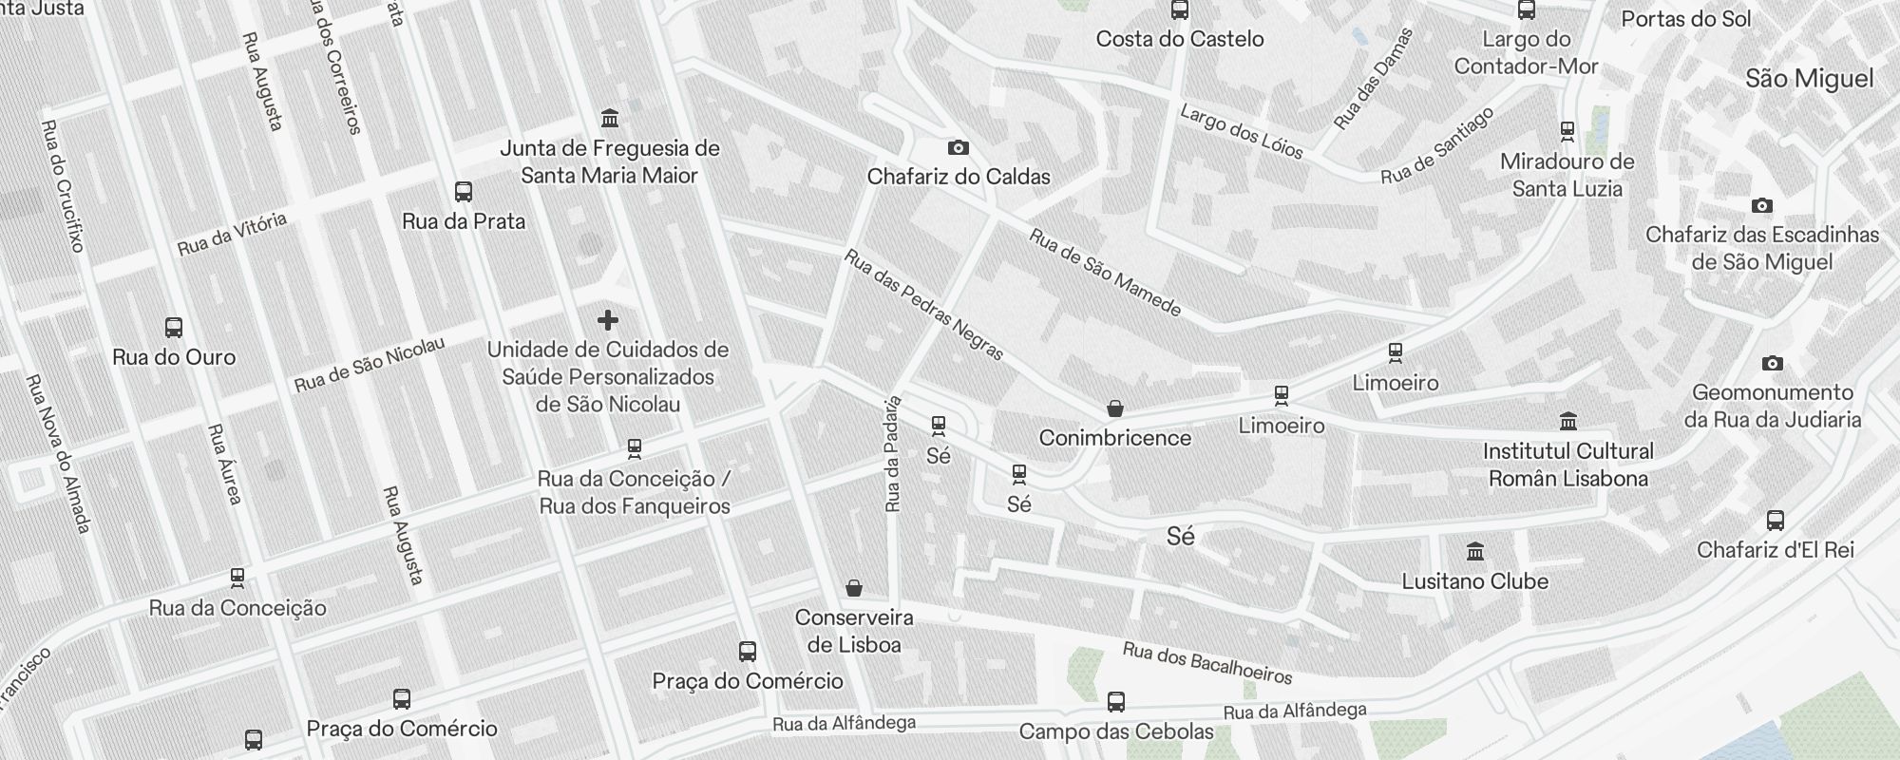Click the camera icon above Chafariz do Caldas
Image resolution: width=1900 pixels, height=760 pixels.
(959, 147)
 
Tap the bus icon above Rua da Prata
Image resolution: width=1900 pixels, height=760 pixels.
(464, 192)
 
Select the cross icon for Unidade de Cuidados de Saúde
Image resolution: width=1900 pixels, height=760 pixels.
(608, 320)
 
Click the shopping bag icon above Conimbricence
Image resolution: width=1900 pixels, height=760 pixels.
(1115, 408)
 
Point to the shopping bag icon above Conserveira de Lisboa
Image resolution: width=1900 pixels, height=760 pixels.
(854, 589)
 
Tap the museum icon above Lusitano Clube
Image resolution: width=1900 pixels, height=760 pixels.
(1475, 552)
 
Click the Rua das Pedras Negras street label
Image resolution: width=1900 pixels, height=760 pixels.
(923, 305)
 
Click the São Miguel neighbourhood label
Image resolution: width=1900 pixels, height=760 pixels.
(1809, 79)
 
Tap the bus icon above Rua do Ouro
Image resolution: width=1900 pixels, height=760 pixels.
(174, 328)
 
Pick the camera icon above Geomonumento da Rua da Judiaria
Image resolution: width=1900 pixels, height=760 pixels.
(1772, 363)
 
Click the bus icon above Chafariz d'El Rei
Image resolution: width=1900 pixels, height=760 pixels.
(1776, 521)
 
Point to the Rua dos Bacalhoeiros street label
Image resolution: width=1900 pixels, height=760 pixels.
(1207, 663)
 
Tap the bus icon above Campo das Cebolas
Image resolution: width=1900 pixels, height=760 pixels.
(1116, 702)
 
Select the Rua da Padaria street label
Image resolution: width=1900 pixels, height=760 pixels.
(892, 454)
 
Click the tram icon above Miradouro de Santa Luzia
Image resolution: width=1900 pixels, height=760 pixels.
(1567, 131)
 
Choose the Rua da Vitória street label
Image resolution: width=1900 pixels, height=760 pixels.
(232, 234)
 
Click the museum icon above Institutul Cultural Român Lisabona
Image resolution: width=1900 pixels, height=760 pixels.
(1568, 421)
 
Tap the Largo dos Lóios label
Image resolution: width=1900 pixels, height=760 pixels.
(1241, 131)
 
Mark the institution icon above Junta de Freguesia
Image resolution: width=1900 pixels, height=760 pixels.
(610, 119)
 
